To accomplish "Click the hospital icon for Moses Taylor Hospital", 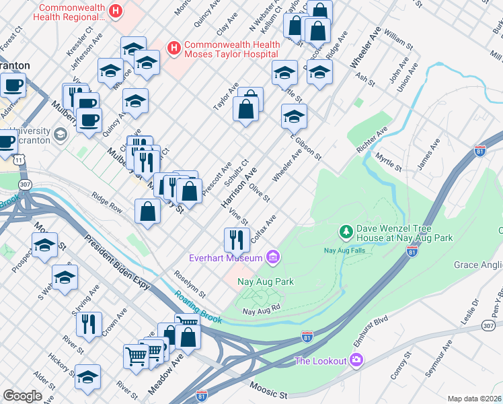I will click(173, 48).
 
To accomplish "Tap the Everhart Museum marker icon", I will click(272, 257).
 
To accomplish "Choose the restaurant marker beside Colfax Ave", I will click(236, 239).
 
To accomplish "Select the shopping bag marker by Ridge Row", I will click(147, 211).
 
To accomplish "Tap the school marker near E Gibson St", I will click(294, 116).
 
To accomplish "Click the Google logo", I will click(22, 396).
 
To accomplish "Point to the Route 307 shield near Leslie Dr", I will click(489, 325).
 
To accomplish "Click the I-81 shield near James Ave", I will click(480, 151).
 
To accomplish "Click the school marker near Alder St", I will click(87, 376).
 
